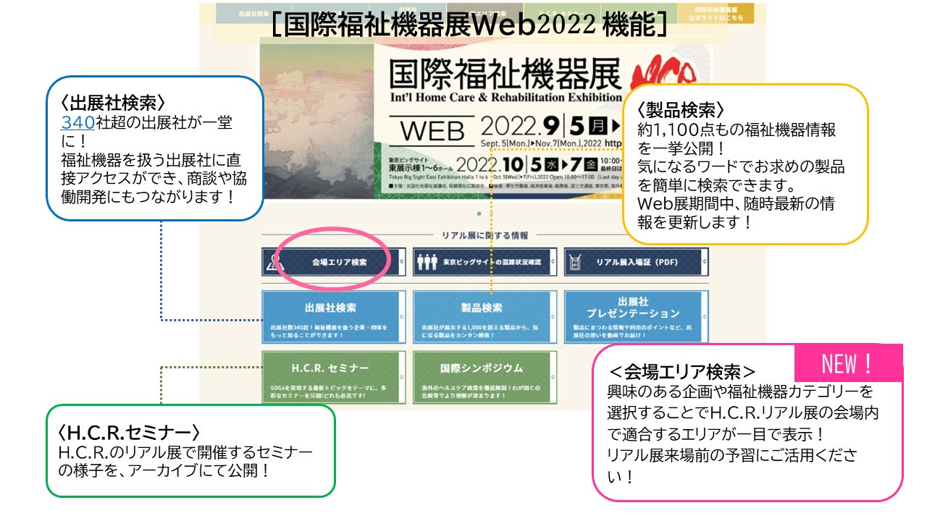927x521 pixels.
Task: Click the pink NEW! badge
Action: pos(849,363)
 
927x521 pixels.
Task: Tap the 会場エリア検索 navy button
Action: pos(332,262)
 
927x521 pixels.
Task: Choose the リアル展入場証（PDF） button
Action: pos(635,262)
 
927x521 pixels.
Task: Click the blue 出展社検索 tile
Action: pos(332,316)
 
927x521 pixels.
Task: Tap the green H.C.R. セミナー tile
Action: pos(332,377)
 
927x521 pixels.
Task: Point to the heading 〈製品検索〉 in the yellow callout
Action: pos(680,110)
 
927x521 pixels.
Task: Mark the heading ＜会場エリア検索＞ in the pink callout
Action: pos(681,372)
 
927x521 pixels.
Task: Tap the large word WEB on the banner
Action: pos(432,132)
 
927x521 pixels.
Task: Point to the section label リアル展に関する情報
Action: pos(485,235)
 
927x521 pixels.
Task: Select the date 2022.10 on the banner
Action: pos(490,165)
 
